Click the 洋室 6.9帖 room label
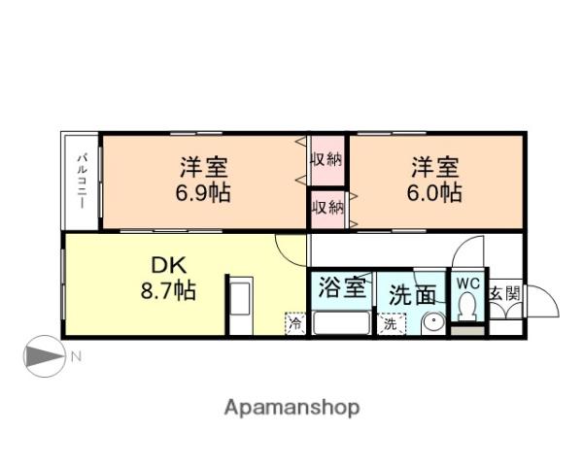coord(202,178)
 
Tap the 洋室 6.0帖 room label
coord(434,178)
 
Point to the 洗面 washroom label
coord(412,294)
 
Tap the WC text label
coord(469,283)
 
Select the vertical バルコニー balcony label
coord(84,183)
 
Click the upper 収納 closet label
coord(327,159)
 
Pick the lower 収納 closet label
coord(327,206)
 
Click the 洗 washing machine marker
coord(389,324)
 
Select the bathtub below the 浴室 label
coord(341,322)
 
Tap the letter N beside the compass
coord(75,357)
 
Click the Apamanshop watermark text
coord(292,407)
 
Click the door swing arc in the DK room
coord(288,249)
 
